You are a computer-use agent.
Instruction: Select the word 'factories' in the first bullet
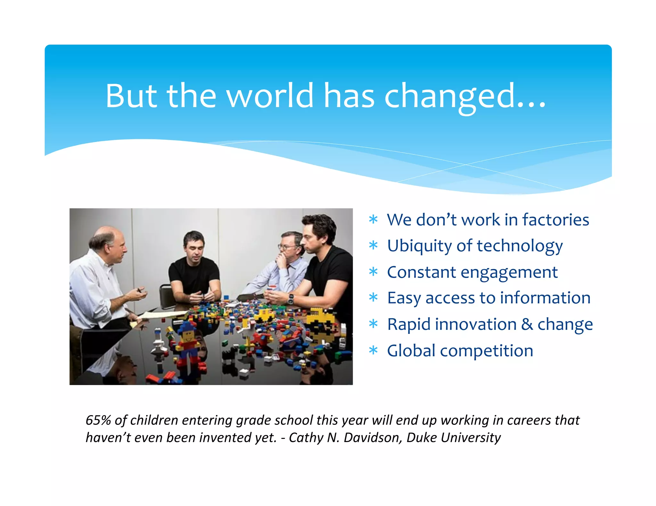pyautogui.click(x=555, y=220)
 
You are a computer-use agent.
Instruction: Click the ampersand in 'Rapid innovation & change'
pyautogui.click(x=527, y=324)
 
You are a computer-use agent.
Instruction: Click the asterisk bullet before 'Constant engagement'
pyautogui.click(x=373, y=272)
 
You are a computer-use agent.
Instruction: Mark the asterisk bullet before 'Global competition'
pyautogui.click(x=373, y=351)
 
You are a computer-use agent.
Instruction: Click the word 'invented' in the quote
pyautogui.click(x=226, y=438)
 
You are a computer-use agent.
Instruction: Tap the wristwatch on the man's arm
pyautogui.click(x=290, y=299)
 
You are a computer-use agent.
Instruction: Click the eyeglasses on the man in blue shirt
pyautogui.click(x=287, y=247)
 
